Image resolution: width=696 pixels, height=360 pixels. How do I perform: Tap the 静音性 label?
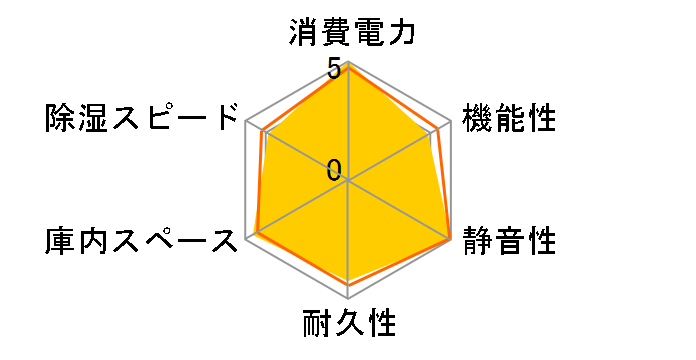(509, 240)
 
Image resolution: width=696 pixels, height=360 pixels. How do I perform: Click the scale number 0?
(334, 169)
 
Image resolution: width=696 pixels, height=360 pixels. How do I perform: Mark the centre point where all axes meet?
(348, 180)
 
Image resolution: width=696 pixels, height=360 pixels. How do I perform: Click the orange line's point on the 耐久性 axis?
(348, 285)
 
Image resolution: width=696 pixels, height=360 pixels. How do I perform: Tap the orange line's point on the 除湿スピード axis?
(261, 130)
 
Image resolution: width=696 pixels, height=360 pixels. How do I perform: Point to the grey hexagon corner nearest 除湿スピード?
(245, 121)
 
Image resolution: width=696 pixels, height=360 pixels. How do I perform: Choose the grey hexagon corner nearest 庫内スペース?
(245, 240)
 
